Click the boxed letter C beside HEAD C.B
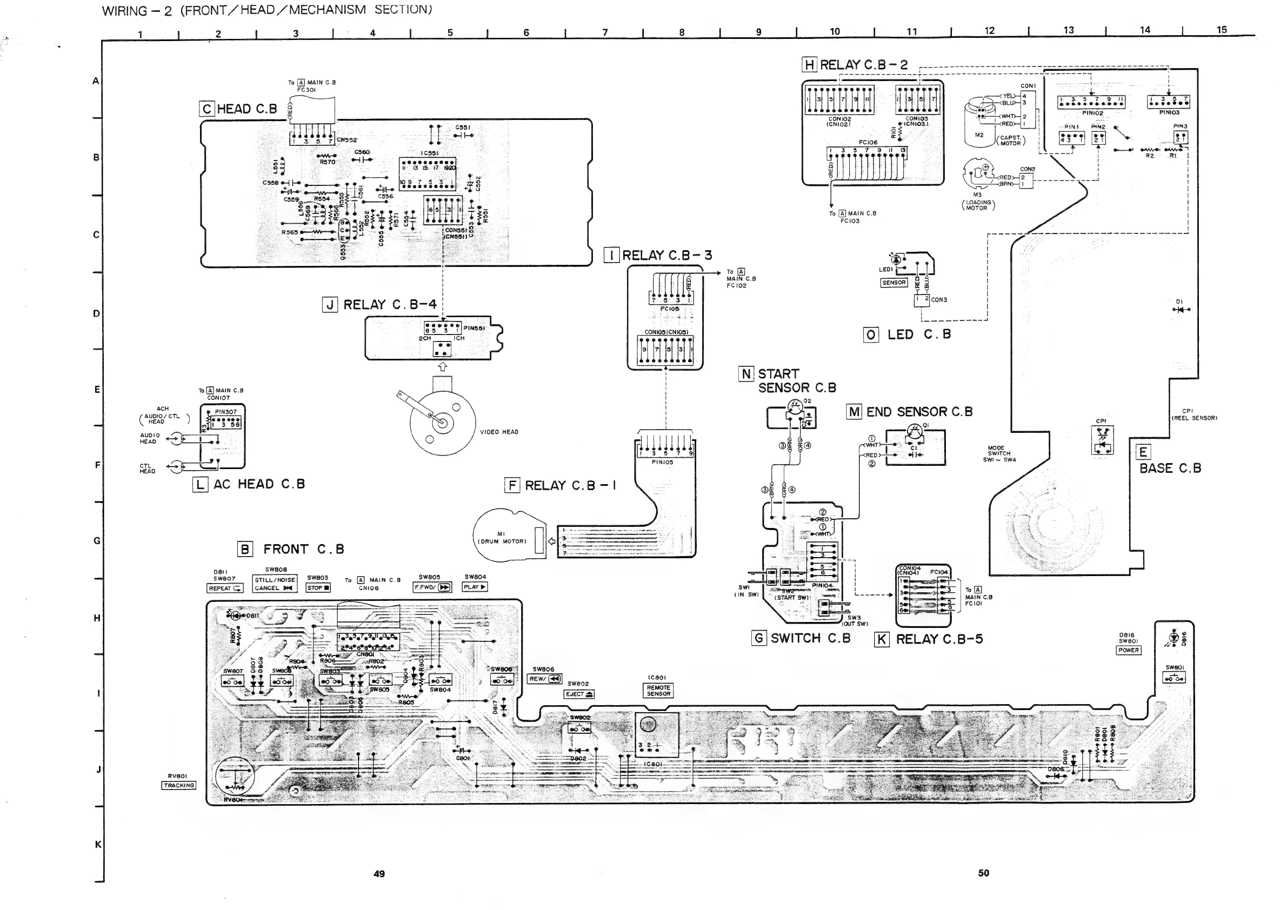207,109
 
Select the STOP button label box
318,588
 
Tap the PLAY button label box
475,587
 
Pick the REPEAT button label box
225,588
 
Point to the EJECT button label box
578,694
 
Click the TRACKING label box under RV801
179,786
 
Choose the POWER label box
1129,651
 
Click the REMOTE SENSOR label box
658,691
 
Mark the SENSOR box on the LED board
893,283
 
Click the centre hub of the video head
442,422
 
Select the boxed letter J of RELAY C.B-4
330,305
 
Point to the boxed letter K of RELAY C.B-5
882,639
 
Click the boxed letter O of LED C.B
870,335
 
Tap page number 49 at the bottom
379,874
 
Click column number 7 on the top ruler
605,32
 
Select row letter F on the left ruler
97,465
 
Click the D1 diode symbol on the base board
1181,310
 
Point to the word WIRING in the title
125,11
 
